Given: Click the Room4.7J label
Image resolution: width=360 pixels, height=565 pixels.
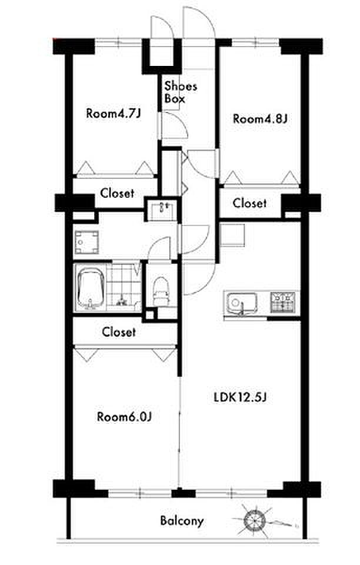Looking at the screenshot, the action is click(113, 114).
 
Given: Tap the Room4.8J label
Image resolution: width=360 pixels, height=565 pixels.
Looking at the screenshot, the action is click(260, 118).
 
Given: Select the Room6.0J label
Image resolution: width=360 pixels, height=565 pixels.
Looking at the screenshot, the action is click(124, 417).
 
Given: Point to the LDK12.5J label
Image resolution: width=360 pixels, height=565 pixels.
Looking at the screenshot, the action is click(240, 397).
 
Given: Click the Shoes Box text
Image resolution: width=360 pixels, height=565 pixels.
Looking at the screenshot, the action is click(181, 92).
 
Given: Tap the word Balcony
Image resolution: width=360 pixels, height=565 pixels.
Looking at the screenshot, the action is click(182, 521).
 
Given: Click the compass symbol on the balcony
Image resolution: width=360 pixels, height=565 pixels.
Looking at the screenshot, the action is click(255, 520).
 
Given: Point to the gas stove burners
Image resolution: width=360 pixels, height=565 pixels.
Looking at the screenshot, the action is click(283, 301).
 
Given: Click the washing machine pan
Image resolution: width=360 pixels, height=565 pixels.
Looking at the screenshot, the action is click(86, 242).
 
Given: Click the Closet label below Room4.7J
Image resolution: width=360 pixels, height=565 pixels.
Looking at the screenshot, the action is click(117, 193).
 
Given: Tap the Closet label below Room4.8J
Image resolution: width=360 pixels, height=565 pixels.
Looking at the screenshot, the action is click(249, 203).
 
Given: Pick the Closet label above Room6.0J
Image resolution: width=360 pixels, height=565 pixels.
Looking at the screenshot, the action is click(119, 331).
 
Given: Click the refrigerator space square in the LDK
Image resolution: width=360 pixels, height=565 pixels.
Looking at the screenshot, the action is click(232, 235).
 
